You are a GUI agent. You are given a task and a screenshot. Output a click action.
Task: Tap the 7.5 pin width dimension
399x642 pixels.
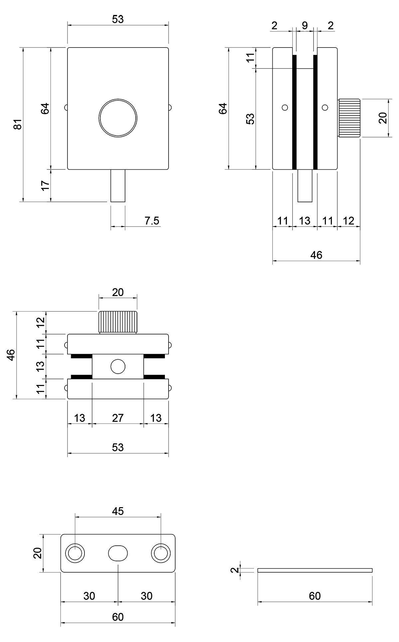152,221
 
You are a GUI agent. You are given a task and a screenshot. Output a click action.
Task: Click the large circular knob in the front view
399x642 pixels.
118,118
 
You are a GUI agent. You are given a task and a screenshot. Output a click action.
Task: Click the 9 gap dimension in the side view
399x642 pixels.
305,26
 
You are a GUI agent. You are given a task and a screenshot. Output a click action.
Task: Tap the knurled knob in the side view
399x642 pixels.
349,118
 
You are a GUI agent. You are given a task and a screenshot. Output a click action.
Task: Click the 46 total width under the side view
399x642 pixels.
316,255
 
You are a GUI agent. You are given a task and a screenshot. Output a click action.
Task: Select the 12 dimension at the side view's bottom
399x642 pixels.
348,221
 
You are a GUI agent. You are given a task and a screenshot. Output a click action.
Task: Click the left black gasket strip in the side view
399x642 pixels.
294,112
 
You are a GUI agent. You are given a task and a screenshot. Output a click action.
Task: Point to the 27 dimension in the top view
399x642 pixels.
118,418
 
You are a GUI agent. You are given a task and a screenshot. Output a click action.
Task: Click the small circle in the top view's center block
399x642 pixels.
118,367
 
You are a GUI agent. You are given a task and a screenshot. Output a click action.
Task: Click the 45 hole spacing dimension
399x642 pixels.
118,511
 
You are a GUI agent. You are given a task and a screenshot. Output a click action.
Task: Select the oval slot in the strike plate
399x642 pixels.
118,553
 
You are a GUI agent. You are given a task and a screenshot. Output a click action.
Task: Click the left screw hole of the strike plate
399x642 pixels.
75,553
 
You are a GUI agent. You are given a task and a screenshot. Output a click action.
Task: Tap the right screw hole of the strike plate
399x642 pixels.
161,553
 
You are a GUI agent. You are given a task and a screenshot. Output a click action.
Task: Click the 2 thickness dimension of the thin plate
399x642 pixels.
235,570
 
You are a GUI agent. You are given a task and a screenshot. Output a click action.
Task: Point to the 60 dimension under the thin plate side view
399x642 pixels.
315,596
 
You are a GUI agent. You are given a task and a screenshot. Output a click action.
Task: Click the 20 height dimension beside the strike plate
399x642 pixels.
38,553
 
